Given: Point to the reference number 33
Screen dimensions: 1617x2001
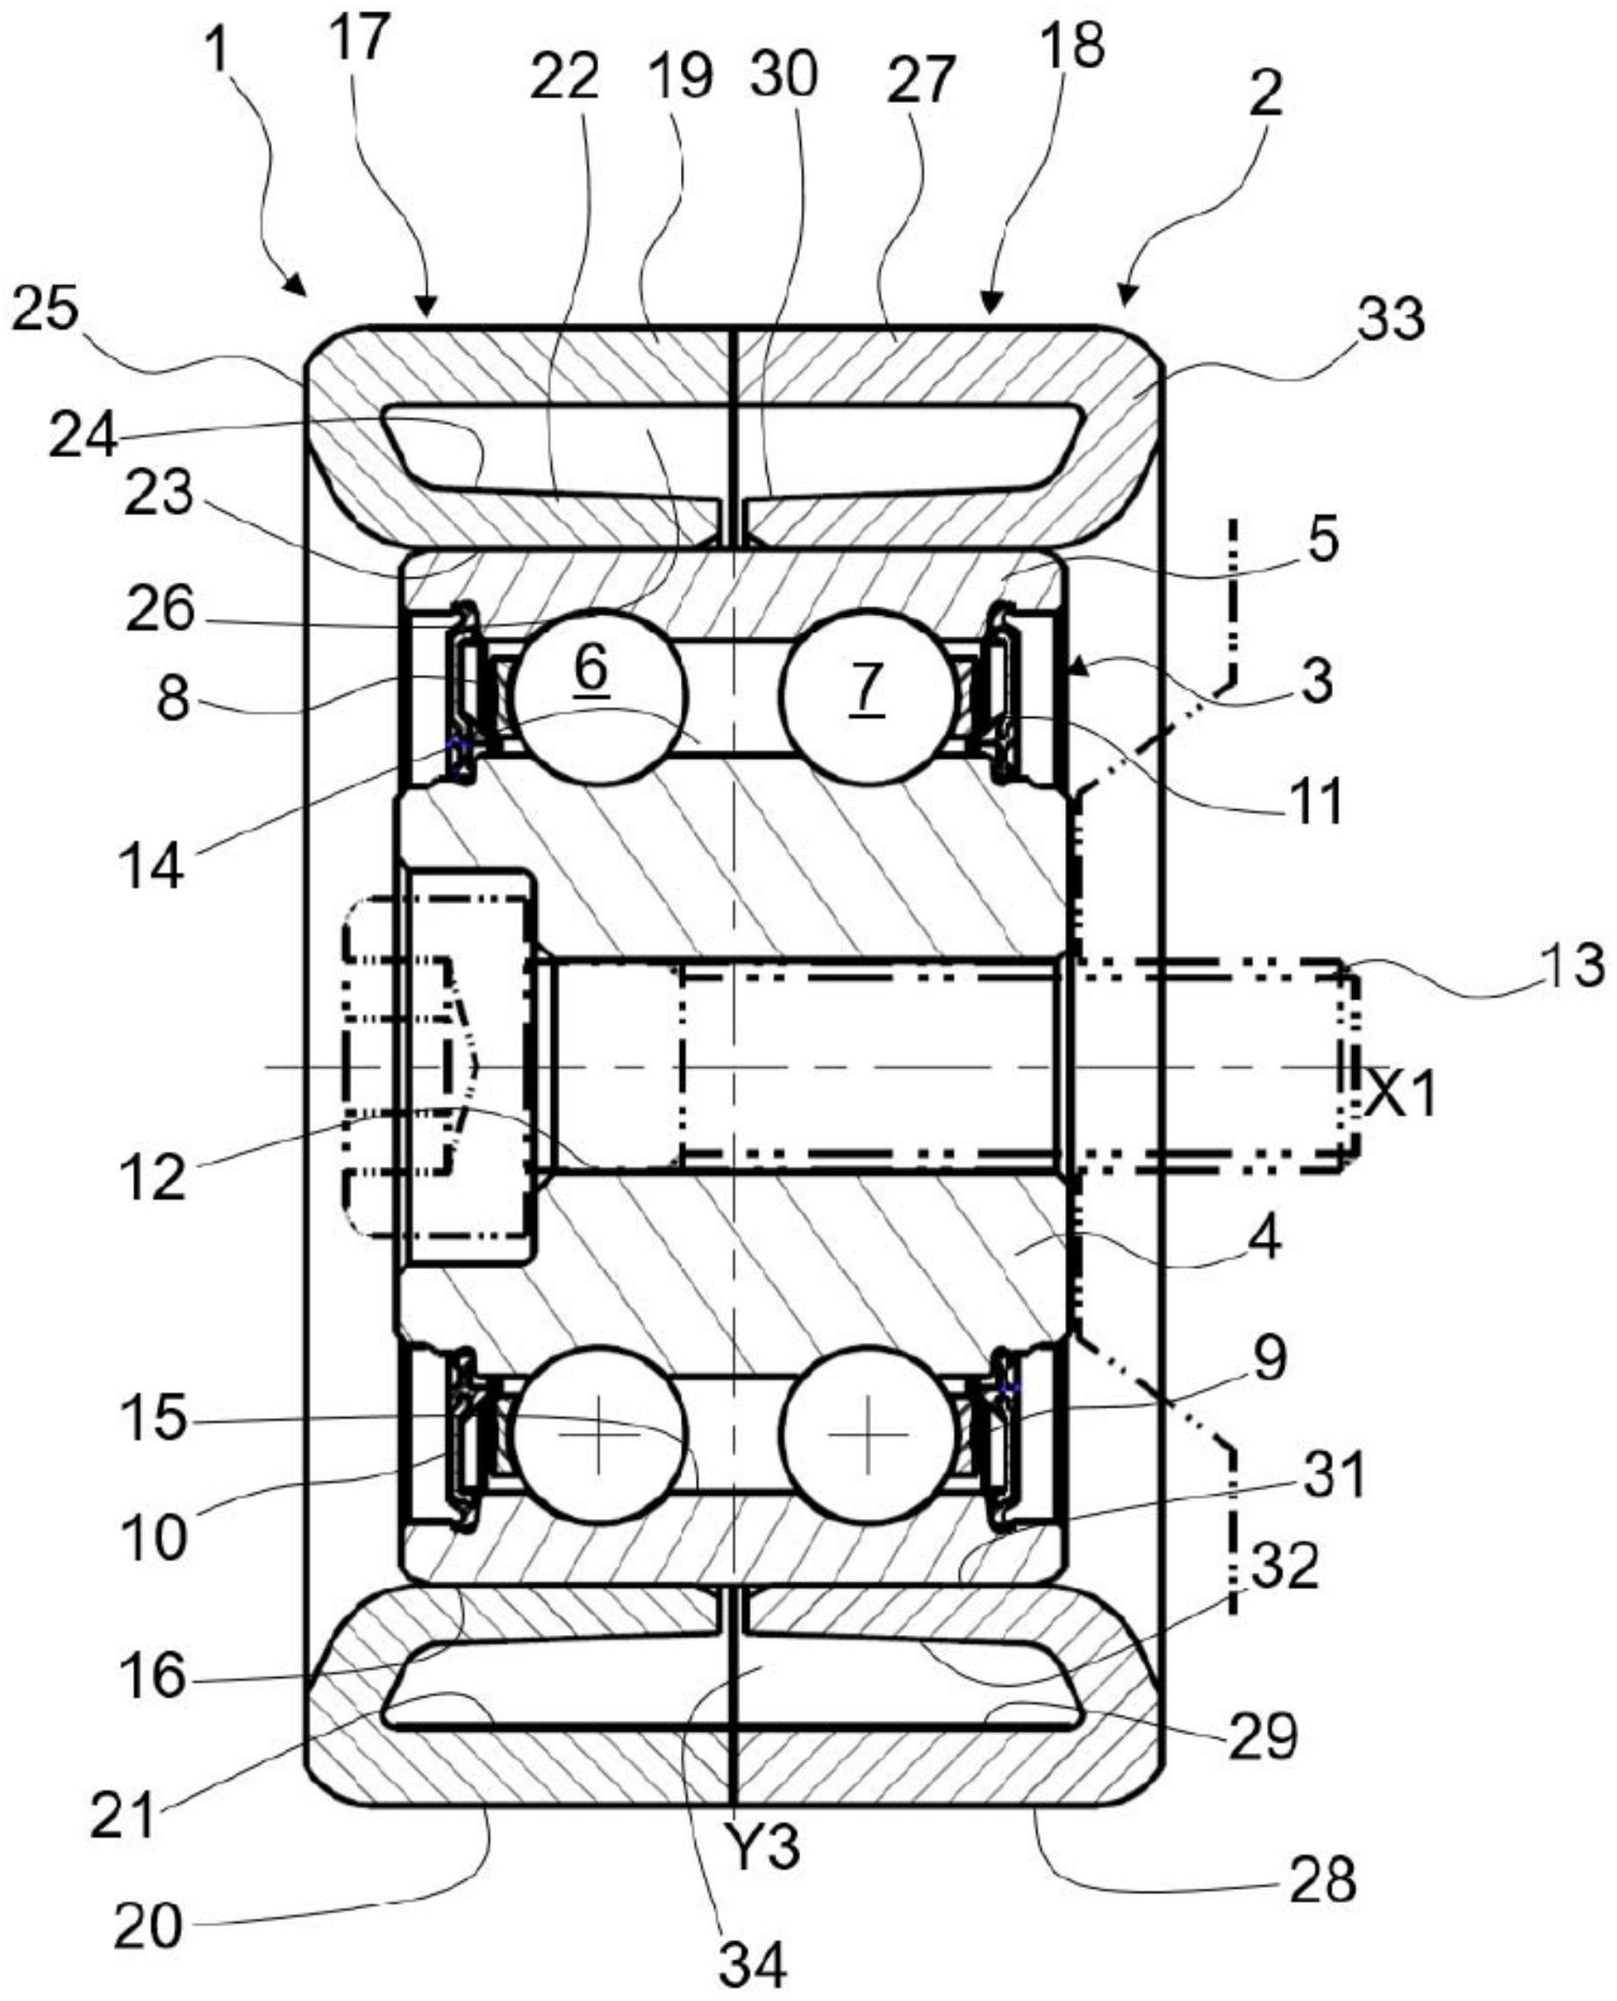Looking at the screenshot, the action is point(1390,317).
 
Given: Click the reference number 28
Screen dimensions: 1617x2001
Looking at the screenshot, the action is point(1321,1876).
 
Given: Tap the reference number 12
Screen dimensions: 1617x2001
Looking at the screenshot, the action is point(152,1178).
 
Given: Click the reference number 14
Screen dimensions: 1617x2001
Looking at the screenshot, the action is point(153,865).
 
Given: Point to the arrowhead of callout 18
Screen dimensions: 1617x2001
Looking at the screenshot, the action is point(991,304).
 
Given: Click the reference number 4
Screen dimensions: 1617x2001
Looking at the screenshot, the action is point(1266,1238).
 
